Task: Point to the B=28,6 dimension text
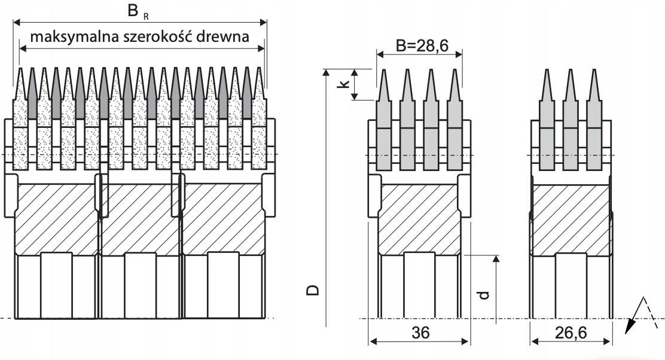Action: [x=422, y=45]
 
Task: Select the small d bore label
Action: [x=484, y=295]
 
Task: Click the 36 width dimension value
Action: [x=420, y=333]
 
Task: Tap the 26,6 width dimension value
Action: [x=571, y=333]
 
